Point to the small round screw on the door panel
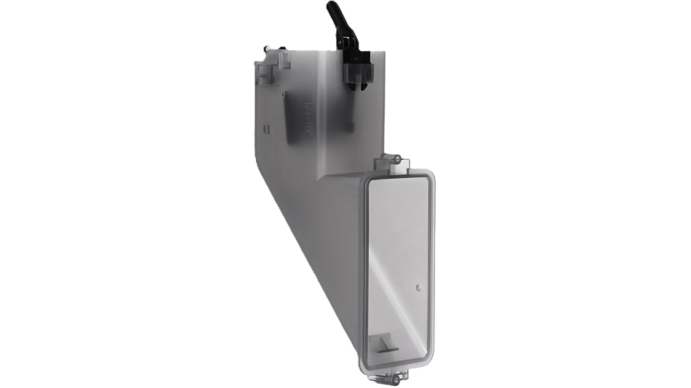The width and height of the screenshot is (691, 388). tap(418, 288)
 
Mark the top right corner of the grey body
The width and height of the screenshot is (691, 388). tap(383, 52)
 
